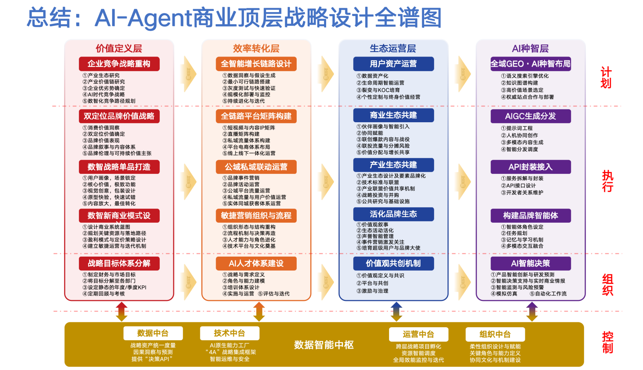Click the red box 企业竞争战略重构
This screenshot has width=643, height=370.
119,64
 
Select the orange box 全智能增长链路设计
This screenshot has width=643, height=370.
256,64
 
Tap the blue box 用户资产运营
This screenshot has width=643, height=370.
393,64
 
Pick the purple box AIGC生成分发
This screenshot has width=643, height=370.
530,116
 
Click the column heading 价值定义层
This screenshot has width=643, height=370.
119,48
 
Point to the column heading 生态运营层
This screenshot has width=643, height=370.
393,48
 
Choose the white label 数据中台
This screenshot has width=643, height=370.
153,333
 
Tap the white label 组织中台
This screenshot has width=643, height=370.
495,334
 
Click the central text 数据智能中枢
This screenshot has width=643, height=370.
324,345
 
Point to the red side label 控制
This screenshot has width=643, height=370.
608,343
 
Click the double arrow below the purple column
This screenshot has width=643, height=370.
532,311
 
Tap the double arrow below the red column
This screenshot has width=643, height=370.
122,311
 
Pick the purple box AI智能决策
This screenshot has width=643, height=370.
530,263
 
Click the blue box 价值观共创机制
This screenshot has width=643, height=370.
393,263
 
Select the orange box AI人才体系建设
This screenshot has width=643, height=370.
256,263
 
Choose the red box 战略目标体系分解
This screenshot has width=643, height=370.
119,263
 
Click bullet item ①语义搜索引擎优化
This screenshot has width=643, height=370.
524,76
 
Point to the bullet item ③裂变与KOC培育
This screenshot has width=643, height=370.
378,90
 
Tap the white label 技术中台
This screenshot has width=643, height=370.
229,333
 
